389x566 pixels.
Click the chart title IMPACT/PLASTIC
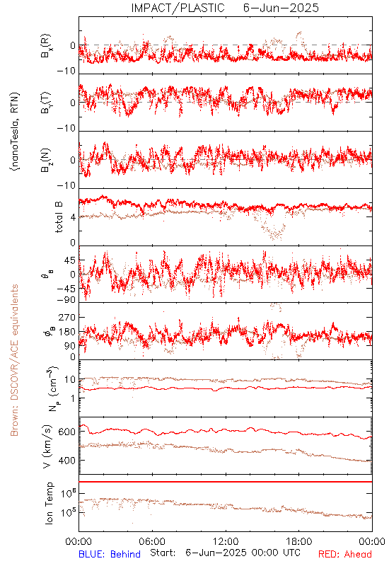178,8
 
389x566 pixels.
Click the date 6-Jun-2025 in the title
281,8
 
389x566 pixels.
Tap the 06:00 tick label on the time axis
152,541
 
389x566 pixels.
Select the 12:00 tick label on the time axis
226,541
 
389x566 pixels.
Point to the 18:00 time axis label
299,541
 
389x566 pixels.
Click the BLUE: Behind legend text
110,554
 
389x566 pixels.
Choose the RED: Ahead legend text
344,554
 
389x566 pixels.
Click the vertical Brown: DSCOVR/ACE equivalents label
14,360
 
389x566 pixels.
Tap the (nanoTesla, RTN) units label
15,132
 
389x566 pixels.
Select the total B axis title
59,217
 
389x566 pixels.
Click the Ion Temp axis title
49,503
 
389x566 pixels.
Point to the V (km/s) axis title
47,447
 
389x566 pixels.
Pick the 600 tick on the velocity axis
66,432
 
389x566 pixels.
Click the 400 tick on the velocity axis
66,461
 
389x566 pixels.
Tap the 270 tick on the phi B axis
67,317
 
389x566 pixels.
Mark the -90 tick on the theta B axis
66,300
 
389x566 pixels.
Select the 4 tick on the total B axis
74,218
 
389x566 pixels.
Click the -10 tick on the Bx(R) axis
66,71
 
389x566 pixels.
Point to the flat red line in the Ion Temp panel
226,482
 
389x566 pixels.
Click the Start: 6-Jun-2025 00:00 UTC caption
225,553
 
